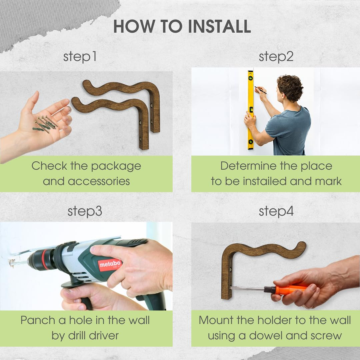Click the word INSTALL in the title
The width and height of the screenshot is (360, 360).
click(219, 26)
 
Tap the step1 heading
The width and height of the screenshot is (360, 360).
click(80, 57)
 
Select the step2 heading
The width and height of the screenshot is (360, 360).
click(276, 57)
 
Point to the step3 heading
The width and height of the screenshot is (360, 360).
click(85, 211)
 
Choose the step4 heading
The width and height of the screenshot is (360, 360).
click(276, 211)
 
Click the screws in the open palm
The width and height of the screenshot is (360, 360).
click(45, 124)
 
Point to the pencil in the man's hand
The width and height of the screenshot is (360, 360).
click(260, 90)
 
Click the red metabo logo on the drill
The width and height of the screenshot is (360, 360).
click(110, 265)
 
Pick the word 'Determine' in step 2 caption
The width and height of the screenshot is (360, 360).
click(248, 166)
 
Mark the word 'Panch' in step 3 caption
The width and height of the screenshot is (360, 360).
click(38, 320)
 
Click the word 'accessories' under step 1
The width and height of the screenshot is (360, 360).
click(99, 181)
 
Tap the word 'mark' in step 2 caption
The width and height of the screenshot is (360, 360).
click(328, 181)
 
